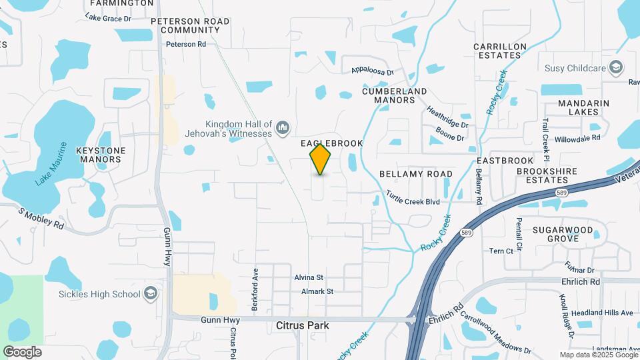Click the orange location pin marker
[321, 159]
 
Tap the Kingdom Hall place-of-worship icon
[283, 127]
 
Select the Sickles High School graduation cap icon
[151, 294]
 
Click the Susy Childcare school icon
[617, 67]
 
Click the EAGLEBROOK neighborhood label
[332, 143]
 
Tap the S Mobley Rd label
[41, 219]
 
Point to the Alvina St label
[309, 277]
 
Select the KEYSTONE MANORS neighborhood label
[101, 155]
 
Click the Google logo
[22, 351]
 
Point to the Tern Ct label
[501, 251]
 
